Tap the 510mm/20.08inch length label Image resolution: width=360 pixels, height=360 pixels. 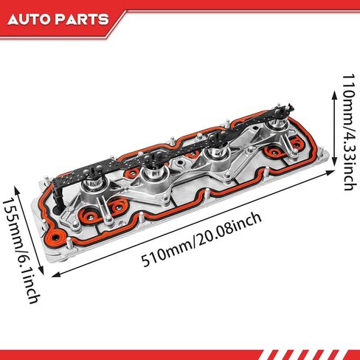201,239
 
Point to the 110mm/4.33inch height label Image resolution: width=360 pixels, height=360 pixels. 349,132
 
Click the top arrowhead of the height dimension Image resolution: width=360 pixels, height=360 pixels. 334,94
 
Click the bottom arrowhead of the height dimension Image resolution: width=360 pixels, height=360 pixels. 334,161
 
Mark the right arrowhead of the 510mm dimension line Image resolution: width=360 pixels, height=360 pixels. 330,172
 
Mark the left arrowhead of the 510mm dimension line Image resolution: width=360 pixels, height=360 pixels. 56,274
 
